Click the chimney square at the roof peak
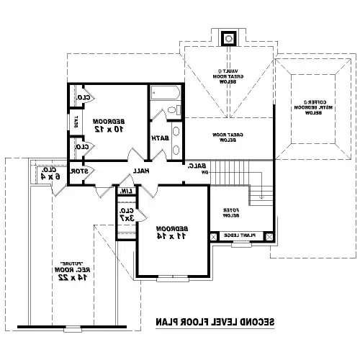230,37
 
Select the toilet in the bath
173,110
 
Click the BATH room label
160,138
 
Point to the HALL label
140,171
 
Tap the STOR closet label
82,171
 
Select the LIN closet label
125,191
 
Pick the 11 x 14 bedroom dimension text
171,235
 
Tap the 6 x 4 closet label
45,175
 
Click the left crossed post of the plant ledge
213,235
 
